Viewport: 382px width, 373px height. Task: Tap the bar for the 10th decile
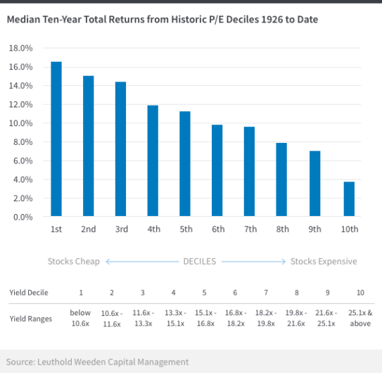pos(349,199)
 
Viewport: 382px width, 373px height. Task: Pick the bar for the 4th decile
pos(153,161)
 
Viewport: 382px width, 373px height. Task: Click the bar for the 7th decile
pos(249,172)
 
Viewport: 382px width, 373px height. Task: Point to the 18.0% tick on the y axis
pos(20,48)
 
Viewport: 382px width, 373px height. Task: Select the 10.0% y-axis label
pos(20,123)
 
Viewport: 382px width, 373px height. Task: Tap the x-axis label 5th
pos(185,229)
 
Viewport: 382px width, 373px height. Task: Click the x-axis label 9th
pos(314,229)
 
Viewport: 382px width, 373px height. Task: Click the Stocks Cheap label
pos(74,261)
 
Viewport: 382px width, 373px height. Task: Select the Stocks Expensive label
pos(324,261)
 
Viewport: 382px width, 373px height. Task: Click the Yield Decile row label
pos(29,292)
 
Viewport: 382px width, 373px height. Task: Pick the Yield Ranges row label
pos(30,319)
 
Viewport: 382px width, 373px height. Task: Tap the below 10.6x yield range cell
pos(81,318)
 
